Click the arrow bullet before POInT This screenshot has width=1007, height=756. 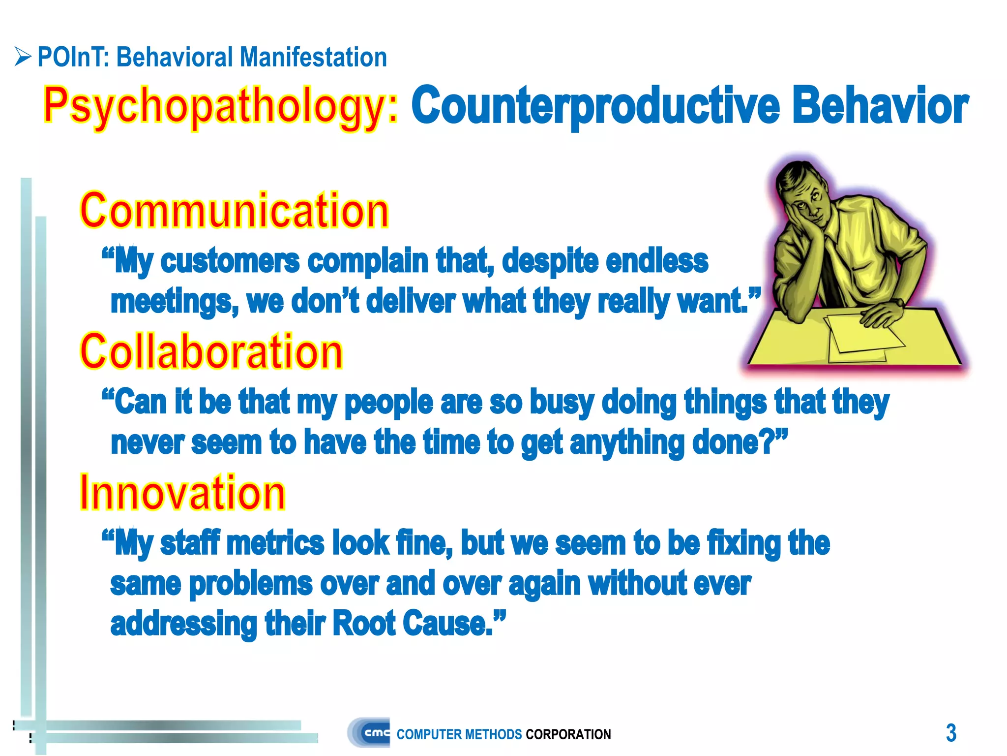point(23,57)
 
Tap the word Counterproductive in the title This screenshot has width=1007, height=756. point(595,106)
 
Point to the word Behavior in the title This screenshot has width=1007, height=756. point(880,106)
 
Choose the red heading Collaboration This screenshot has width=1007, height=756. point(211,351)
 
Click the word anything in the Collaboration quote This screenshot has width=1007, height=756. point(626,443)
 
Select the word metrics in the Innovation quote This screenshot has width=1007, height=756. point(275,543)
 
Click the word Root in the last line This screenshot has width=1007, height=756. point(364,624)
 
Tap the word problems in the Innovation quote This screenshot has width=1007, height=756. point(250,584)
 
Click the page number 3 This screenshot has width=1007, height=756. point(951,733)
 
